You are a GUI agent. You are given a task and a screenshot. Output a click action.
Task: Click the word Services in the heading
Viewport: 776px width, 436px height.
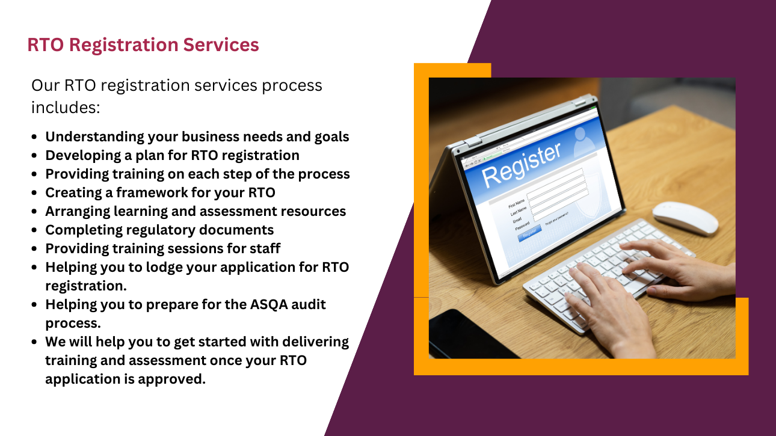click(221, 45)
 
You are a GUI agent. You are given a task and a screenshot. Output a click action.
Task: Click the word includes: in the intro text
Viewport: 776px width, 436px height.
click(66, 108)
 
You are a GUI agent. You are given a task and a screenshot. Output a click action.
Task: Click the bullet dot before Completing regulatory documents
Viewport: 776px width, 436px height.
click(34, 230)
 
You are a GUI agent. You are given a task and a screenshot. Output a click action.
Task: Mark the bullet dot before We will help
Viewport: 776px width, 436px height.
click(34, 342)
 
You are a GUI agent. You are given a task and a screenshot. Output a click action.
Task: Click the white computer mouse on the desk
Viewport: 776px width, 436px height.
click(685, 218)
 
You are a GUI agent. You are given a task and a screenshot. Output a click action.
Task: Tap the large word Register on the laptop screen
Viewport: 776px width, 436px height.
click(521, 165)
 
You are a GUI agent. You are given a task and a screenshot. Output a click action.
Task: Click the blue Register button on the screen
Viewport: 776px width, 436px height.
click(529, 234)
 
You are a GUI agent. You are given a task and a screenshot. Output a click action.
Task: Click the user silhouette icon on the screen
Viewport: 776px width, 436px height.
click(584, 142)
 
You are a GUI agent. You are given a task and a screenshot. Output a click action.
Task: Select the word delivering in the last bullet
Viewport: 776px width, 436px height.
click(316, 342)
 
